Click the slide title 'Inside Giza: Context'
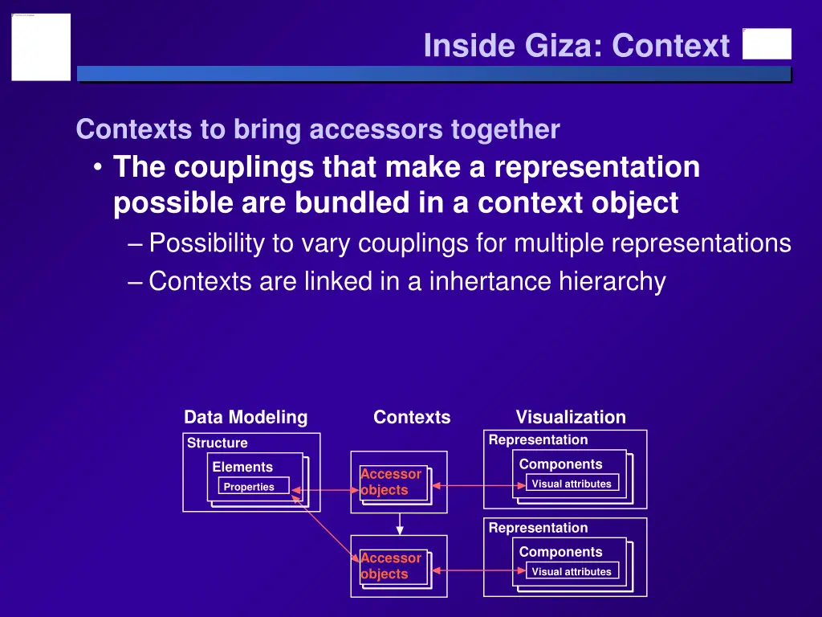pyautogui.click(x=576, y=46)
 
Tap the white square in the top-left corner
pyautogui.click(x=41, y=47)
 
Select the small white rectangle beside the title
pyautogui.click(x=767, y=44)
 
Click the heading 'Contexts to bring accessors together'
pyautogui.click(x=317, y=129)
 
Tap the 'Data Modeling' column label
pyautogui.click(x=246, y=417)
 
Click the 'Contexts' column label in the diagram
pyautogui.click(x=412, y=417)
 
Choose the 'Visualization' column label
pyautogui.click(x=570, y=417)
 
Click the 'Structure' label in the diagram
pyautogui.click(x=217, y=443)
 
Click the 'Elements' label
pyautogui.click(x=242, y=467)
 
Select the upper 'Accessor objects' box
pyautogui.click(x=393, y=483)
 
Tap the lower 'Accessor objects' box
pyautogui.click(x=393, y=566)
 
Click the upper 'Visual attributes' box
pyautogui.click(x=572, y=484)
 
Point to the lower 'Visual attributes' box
pyautogui.click(x=572, y=571)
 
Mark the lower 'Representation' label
pyautogui.click(x=538, y=528)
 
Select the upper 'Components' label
pyautogui.click(x=560, y=464)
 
